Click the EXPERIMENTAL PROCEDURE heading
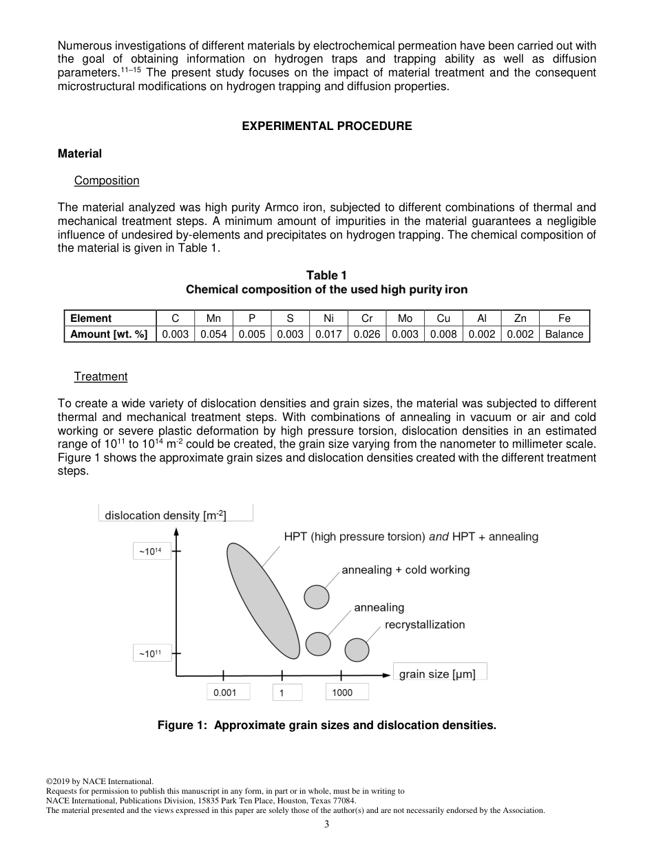(327, 126)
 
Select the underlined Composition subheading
(107, 180)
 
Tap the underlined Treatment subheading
(101, 376)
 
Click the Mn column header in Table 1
(213, 318)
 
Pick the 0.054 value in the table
(213, 334)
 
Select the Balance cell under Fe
(564, 334)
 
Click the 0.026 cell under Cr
(367, 334)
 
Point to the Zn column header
(520, 318)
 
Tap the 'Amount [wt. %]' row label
(109, 334)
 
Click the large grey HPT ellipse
(263, 600)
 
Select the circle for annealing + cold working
(317, 596)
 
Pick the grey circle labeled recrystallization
(357, 650)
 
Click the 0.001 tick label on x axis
(225, 693)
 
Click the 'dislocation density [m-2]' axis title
(165, 515)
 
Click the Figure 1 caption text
(326, 725)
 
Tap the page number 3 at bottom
(327, 825)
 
